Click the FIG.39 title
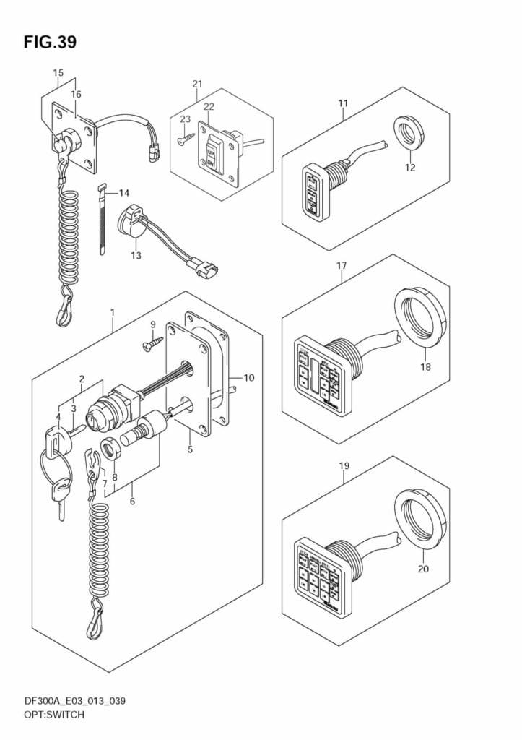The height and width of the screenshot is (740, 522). point(50,42)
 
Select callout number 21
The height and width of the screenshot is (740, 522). point(197,85)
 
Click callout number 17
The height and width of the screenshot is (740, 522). point(342,266)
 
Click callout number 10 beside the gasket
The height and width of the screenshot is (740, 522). point(249,377)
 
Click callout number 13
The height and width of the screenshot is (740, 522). point(136,255)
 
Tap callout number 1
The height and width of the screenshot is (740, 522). point(113,312)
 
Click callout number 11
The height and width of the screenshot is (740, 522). point(343,103)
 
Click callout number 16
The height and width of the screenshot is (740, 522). point(76,94)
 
